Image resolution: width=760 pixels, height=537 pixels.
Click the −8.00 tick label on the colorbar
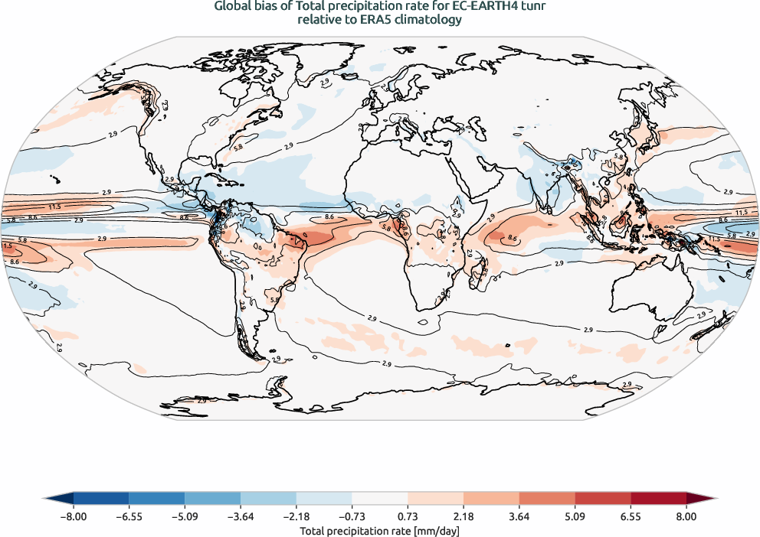click(74, 516)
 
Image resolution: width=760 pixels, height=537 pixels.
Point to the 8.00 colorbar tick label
click(686, 516)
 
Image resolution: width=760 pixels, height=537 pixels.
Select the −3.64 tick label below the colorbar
click(241, 516)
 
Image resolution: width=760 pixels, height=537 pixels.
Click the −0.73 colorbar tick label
click(352, 516)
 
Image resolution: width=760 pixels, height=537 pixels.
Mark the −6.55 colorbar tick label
click(129, 516)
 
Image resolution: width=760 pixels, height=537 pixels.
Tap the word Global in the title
click(235, 8)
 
